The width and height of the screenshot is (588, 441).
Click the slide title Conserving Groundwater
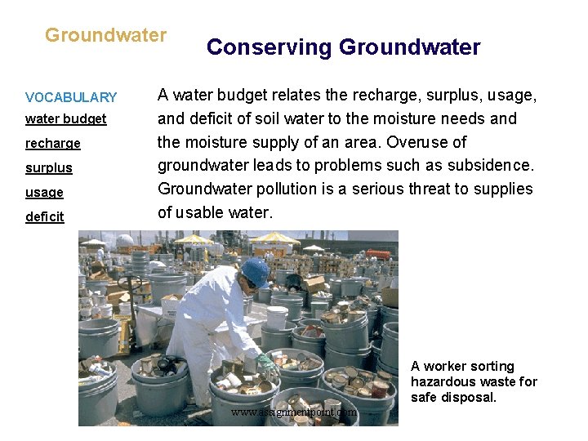(x=343, y=47)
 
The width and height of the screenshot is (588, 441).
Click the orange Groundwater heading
(x=105, y=35)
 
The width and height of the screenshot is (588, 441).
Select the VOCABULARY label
(x=71, y=97)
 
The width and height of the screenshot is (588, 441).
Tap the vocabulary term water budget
(x=65, y=119)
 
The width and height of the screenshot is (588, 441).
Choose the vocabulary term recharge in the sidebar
(x=53, y=144)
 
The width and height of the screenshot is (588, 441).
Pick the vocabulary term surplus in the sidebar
(x=49, y=168)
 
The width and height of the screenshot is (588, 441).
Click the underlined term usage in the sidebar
(x=44, y=193)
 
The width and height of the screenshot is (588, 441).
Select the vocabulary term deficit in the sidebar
(x=44, y=217)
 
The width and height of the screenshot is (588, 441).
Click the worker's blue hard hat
(x=256, y=271)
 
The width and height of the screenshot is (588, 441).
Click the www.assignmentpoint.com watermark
(x=294, y=412)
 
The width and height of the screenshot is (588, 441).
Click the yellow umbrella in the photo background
(x=275, y=238)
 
